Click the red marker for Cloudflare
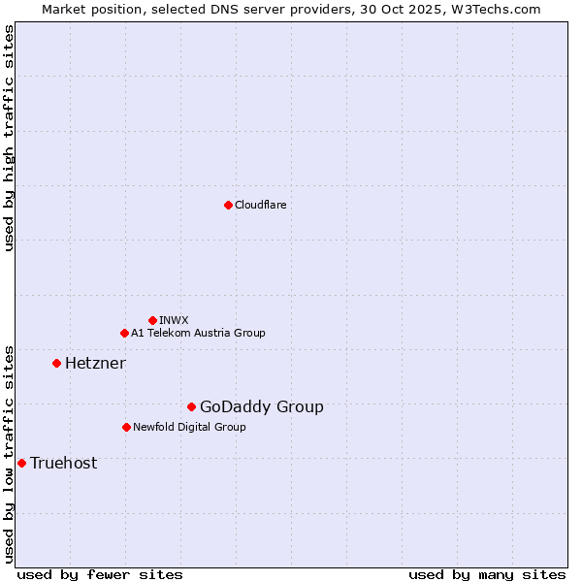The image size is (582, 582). point(228,205)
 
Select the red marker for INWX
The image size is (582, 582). point(152,320)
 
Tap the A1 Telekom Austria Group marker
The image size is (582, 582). point(124,333)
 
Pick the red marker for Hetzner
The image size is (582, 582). point(56,363)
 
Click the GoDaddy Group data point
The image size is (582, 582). point(191,406)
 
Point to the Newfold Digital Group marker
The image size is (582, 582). point(126,427)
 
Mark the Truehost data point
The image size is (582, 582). point(21,463)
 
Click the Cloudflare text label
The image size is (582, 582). point(260,205)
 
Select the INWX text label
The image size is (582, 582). point(174,320)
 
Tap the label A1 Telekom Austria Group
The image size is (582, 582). point(198,333)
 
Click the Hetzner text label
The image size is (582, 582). point(95,363)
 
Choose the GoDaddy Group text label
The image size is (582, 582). point(261,406)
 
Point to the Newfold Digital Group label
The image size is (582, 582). point(189,427)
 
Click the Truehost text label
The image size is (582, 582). point(63,463)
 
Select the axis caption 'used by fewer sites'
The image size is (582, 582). point(100,574)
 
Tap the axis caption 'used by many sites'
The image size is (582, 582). point(487,574)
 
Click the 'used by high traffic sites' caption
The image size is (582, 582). point(10,138)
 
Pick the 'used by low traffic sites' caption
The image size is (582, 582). point(10,453)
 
